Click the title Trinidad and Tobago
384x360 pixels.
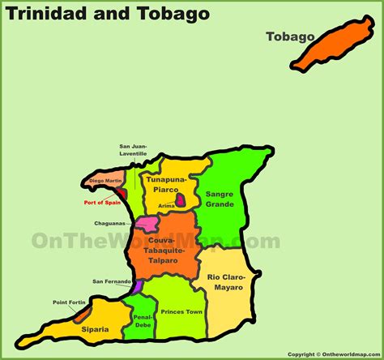(x=108, y=14)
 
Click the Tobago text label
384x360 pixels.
(x=289, y=36)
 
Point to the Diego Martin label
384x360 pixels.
(x=105, y=180)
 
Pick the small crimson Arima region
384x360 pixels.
(x=182, y=199)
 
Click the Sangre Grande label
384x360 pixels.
(x=220, y=199)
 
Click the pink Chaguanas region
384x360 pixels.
(x=147, y=223)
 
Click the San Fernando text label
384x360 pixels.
(x=111, y=281)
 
